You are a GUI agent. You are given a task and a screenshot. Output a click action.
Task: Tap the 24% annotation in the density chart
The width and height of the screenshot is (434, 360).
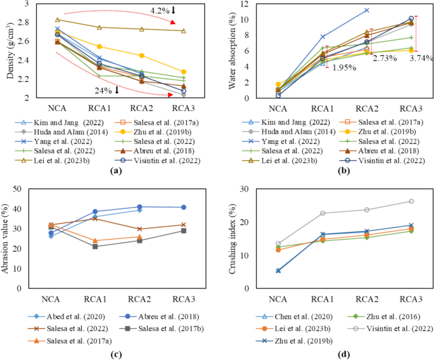106,90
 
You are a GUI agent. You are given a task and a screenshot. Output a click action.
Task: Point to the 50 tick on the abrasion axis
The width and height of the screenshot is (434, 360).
30,189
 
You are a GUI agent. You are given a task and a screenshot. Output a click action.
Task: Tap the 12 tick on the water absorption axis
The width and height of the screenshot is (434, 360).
239,4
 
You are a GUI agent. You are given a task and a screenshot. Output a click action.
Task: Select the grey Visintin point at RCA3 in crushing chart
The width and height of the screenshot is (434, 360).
411,202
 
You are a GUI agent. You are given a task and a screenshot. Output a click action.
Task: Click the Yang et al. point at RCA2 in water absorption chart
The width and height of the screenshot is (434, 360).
367,10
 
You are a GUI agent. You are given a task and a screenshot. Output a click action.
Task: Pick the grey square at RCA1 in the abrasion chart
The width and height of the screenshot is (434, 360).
96,246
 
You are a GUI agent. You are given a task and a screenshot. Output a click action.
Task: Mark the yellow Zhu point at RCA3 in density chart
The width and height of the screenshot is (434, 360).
183,72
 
